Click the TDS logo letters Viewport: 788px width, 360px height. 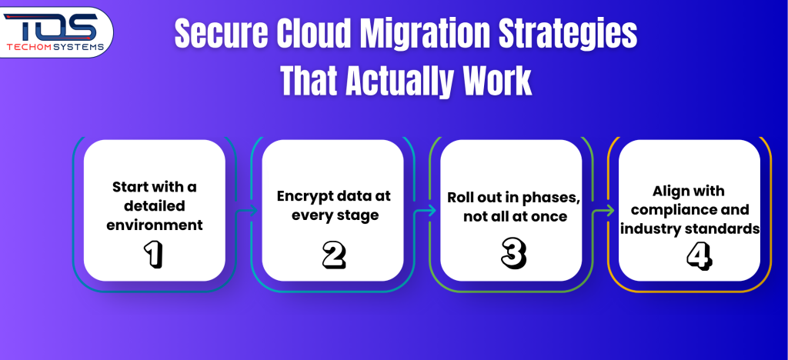(50, 27)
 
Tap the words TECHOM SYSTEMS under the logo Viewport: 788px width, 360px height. (55, 47)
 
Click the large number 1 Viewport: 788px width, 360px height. (154, 254)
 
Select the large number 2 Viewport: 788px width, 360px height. (333, 254)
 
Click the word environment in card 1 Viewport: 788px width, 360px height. (154, 225)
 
